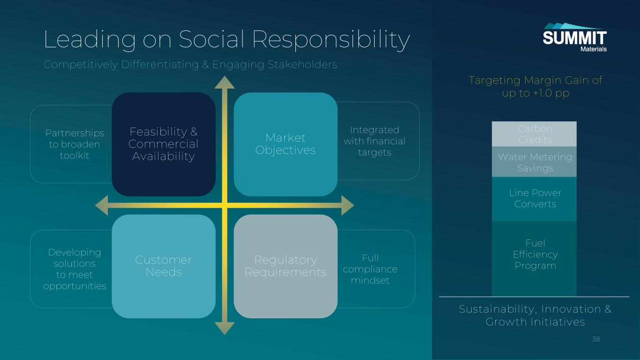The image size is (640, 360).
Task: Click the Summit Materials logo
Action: click(574, 37)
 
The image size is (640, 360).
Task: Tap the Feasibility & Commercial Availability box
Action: click(163, 144)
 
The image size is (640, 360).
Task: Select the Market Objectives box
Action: click(286, 144)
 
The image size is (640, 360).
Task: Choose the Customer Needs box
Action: click(163, 266)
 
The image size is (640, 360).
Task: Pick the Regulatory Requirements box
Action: click(286, 266)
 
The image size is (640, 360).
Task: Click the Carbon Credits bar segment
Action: click(535, 134)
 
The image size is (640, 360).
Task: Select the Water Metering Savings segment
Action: click(535, 162)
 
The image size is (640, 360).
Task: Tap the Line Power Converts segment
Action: click(535, 199)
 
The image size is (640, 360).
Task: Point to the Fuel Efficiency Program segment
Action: click(535, 258)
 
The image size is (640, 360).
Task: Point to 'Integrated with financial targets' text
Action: click(374, 141)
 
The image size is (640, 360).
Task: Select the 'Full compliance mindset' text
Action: click(370, 269)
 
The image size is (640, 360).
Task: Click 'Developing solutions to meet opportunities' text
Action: click(75, 269)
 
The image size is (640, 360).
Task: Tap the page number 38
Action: click(596, 339)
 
